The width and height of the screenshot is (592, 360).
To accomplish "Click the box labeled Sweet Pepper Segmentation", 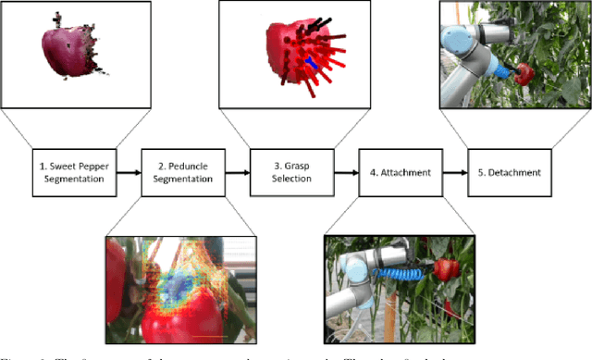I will [75, 171].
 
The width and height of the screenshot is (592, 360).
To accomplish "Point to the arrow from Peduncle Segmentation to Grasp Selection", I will [238, 171].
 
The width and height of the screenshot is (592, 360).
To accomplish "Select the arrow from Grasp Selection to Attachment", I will [346, 171].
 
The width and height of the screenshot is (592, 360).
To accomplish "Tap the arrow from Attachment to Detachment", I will [454, 171].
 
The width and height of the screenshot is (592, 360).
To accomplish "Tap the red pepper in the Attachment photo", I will [448, 270].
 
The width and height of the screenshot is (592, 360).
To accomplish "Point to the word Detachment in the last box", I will [515, 171].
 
